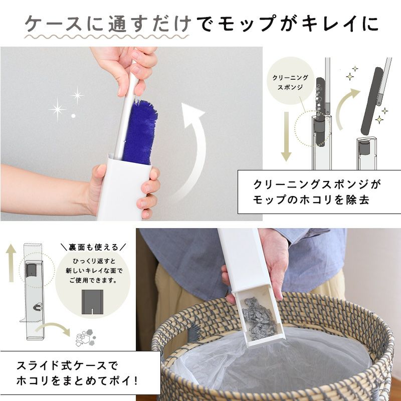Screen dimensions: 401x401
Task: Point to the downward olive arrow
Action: click(286, 136)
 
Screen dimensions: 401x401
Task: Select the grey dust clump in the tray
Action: click(259, 319)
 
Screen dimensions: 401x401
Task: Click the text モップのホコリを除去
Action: click(311, 200)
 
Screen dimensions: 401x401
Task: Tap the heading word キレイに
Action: click(340, 24)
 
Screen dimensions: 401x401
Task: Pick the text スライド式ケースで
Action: click(67, 366)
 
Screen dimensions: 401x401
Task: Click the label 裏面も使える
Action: click(93, 247)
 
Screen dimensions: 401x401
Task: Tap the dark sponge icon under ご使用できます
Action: click(92, 302)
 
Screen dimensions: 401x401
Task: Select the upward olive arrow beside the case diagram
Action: click(11, 263)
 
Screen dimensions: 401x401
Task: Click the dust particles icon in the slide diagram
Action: click(85, 337)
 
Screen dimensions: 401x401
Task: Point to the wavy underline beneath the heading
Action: click(106, 37)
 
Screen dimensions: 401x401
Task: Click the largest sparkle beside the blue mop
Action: click(57, 109)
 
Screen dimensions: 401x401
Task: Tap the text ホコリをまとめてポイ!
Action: click(77, 381)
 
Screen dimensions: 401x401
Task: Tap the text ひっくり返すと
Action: click(94, 261)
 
